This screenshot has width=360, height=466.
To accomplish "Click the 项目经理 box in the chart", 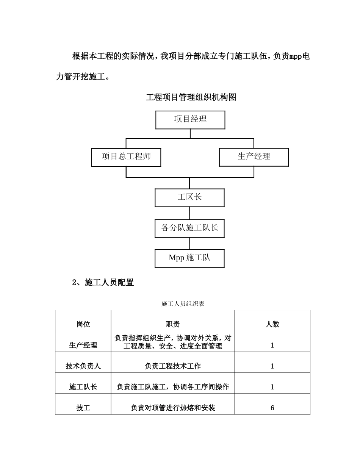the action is (190, 120).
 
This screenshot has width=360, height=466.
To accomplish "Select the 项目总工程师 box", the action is (126, 157).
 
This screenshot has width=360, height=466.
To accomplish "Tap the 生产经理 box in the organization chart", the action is (254, 157).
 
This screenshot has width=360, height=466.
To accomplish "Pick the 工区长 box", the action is (189, 197).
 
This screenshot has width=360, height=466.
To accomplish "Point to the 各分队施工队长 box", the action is (189, 228).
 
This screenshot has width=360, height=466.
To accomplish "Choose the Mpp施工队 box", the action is (189, 258).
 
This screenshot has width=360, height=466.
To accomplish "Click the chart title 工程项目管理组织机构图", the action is (191, 97).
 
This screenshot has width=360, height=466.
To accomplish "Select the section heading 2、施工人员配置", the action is (103, 283).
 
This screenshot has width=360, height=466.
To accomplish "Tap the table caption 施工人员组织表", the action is (183, 303).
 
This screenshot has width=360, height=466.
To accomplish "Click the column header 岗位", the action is (83, 324).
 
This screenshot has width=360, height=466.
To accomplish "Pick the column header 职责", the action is (173, 324).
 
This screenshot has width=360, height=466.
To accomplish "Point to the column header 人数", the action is (272, 324).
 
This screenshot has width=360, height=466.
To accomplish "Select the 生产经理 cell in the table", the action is (83, 345).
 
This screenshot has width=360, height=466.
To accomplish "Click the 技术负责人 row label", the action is (83, 366).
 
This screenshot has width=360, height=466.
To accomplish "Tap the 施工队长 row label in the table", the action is (83, 387).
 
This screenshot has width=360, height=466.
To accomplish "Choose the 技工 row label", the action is (83, 408).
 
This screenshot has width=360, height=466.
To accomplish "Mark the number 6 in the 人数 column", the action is (272, 408).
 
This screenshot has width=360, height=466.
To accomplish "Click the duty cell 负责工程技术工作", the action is (173, 366).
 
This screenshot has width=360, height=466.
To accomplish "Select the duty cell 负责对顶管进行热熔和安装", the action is (173, 408).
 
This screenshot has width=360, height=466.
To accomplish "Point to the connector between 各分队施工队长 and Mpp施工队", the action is (189, 243).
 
